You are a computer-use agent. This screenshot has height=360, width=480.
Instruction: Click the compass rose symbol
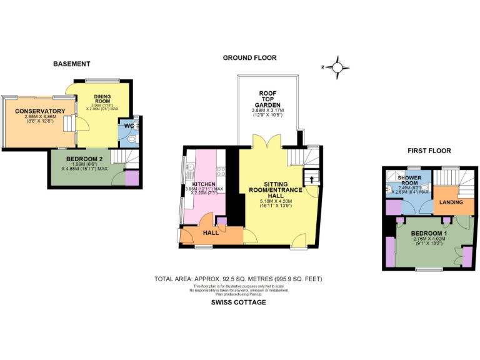pyautogui.click(x=338, y=66)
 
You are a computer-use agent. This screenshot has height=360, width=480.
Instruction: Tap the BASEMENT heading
pyautogui.click(x=71, y=64)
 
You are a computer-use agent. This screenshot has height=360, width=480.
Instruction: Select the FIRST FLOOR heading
pyautogui.click(x=429, y=151)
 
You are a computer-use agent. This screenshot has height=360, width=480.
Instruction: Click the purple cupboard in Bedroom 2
pyautogui.click(x=132, y=178)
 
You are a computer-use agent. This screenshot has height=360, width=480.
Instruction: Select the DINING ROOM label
pyautogui.click(x=102, y=98)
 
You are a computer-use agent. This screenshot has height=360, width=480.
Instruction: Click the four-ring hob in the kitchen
pyautogui.click(x=219, y=169)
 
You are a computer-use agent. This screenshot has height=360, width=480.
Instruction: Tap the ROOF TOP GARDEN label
pyautogui.click(x=268, y=99)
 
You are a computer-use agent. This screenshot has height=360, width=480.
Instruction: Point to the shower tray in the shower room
pyautogui.click(x=394, y=178)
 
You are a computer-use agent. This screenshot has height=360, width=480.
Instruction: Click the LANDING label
pyautogui.click(x=451, y=202)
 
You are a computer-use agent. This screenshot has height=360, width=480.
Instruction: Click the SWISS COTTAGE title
pyautogui.click(x=238, y=302)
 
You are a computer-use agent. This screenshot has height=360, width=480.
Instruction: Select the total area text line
pyautogui.click(x=238, y=279)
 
